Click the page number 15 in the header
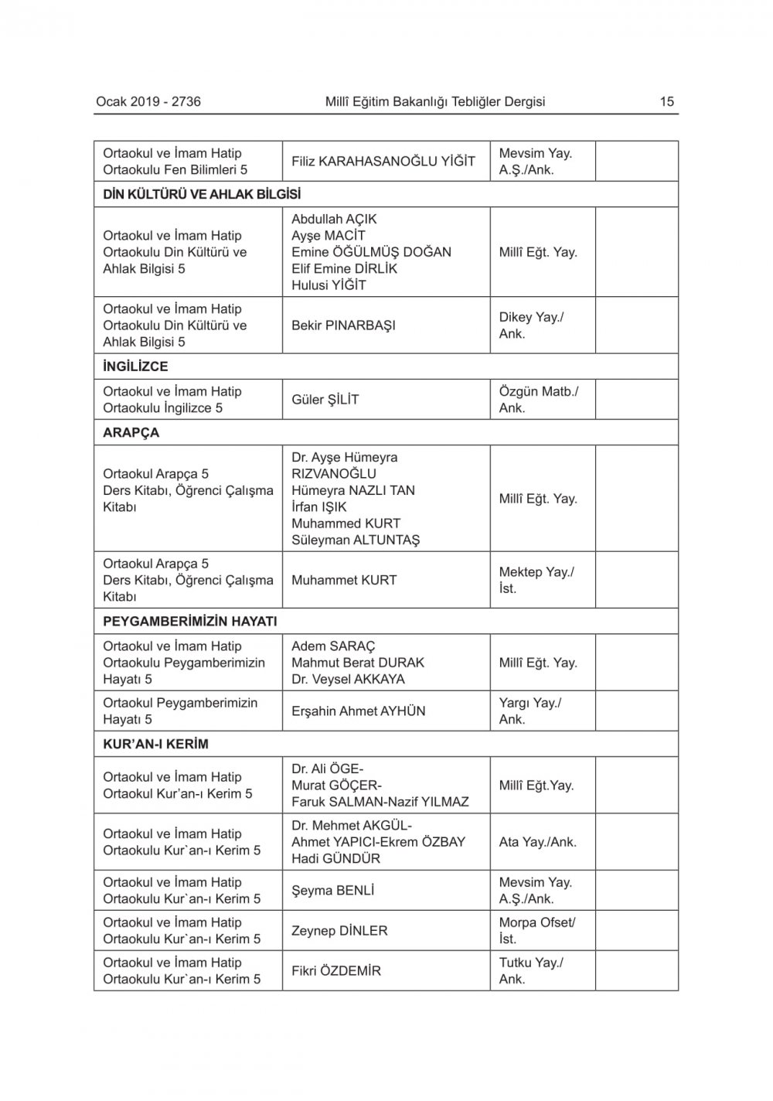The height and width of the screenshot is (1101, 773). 666,101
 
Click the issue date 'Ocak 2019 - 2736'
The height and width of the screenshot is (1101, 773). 148,101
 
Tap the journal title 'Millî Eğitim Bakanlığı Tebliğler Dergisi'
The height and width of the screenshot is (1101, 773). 435,101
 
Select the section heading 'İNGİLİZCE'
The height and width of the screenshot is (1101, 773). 135,366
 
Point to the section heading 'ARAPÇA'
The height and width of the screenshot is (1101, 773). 131,432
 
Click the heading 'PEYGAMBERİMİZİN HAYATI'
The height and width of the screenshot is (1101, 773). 190,621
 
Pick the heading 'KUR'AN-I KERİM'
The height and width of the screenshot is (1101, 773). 156,744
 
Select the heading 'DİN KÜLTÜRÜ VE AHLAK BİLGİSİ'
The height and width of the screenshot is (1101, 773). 202,194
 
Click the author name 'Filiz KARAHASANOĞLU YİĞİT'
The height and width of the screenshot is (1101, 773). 383,162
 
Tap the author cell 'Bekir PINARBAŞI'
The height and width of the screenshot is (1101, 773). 343,326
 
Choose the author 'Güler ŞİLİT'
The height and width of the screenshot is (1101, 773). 325,400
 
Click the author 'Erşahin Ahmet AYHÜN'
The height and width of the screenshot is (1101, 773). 359,711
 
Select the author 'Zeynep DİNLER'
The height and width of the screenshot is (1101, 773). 339,931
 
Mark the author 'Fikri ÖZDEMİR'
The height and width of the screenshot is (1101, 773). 336,971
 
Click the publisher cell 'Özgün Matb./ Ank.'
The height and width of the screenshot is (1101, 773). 538,400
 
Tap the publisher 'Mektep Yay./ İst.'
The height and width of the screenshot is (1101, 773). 536,580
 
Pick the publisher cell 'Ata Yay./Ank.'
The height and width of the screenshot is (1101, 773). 538,842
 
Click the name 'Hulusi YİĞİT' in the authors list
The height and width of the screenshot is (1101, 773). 329,285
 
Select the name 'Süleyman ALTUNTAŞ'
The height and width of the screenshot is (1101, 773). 356,540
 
